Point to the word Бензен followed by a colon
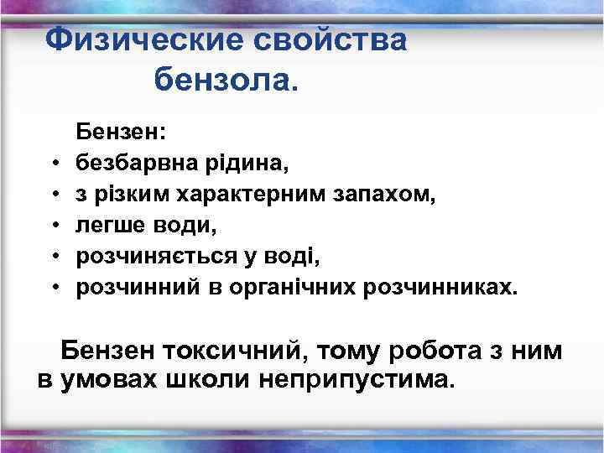click(x=121, y=131)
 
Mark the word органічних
click(x=288, y=288)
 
